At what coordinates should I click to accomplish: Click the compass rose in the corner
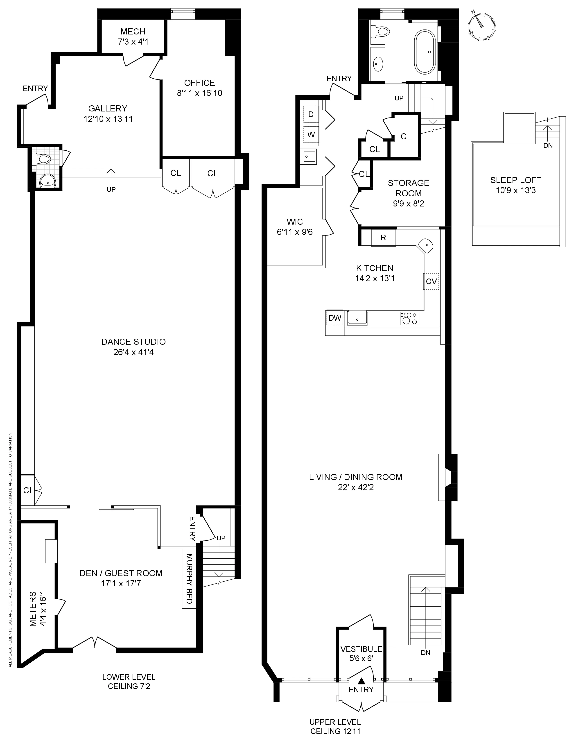coord(481,27)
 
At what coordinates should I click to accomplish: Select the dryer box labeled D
coord(311,114)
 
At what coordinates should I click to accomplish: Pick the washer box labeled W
coord(311,134)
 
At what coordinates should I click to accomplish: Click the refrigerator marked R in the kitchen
coord(383,238)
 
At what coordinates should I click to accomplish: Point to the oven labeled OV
coord(431,282)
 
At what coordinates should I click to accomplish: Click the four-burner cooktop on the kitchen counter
coord(410,318)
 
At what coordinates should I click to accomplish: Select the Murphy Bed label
coord(189,579)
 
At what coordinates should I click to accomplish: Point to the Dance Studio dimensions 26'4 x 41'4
coord(133,352)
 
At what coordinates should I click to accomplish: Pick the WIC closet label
coord(294,222)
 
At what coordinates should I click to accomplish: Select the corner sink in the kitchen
coord(426,245)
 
